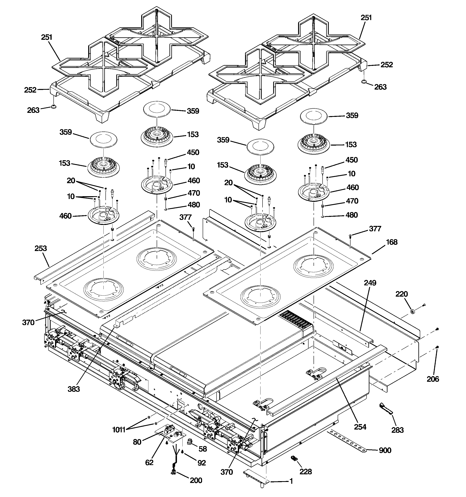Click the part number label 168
[391, 242]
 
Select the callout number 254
[360, 427]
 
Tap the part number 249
[370, 283]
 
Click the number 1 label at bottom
[291, 481]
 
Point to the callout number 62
[149, 462]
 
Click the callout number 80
[137, 442]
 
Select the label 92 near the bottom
[202, 463]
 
